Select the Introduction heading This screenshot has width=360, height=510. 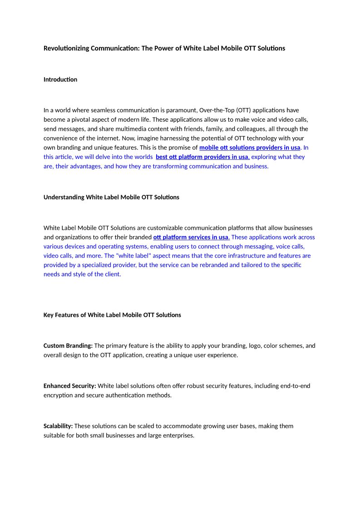60,79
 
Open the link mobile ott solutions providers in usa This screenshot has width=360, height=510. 250,148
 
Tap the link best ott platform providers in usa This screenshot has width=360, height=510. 202,157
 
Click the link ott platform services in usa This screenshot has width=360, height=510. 191,237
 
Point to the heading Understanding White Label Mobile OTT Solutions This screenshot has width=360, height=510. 111,197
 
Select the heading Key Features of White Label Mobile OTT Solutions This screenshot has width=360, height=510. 112,315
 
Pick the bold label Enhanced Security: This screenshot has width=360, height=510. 70,386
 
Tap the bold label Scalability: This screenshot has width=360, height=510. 58,426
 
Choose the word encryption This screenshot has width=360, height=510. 59,395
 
